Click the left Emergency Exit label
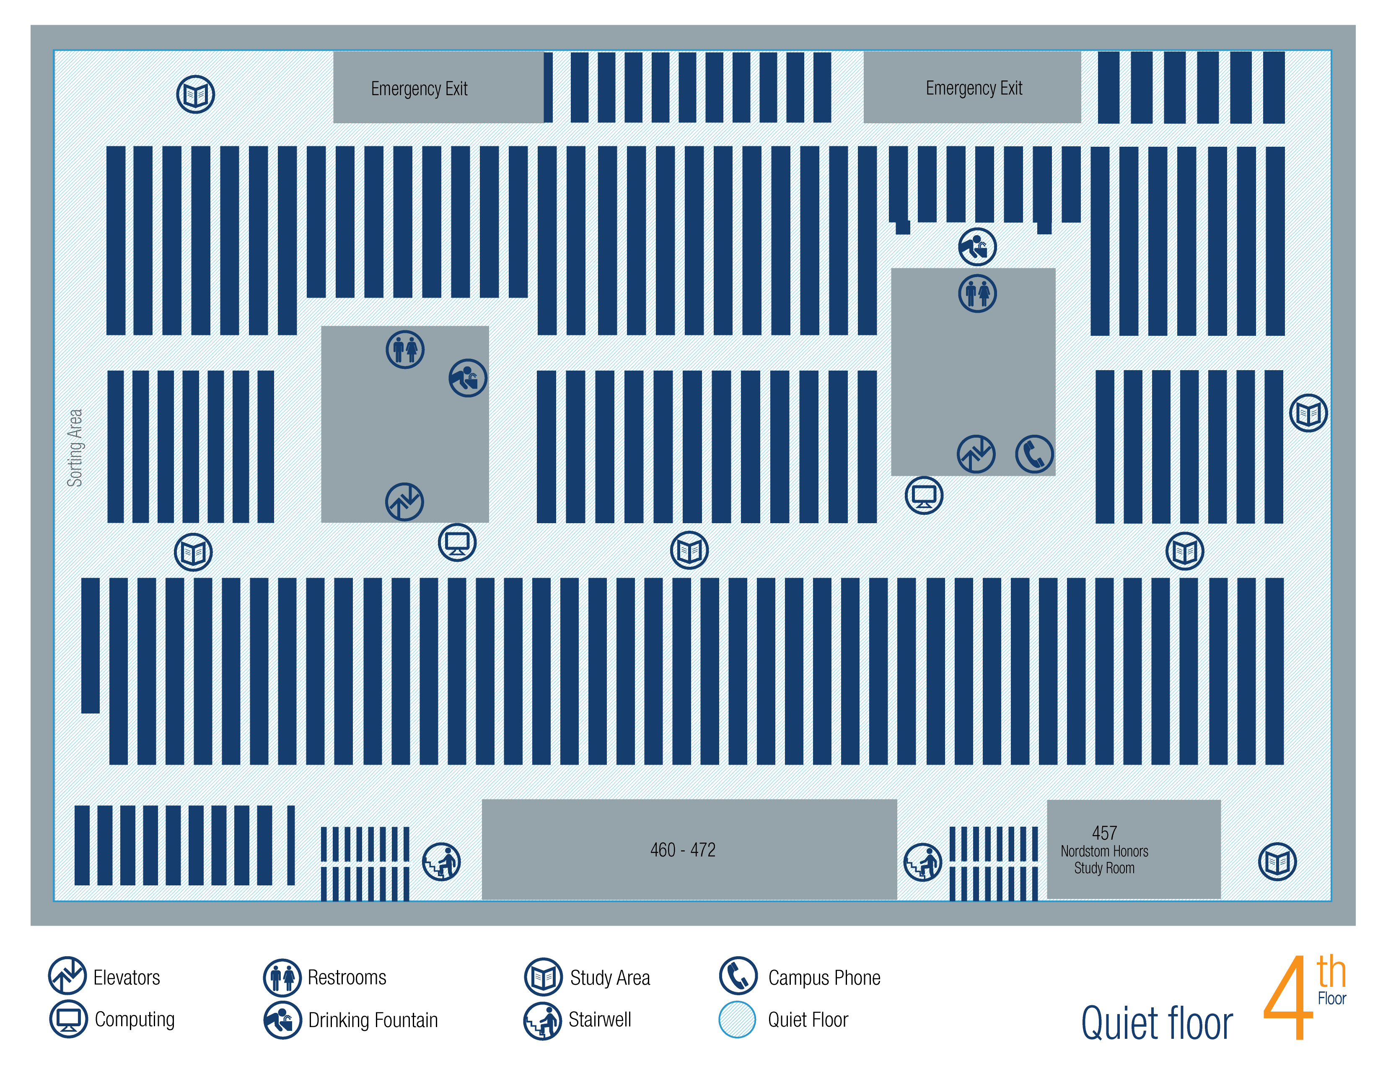tap(419, 88)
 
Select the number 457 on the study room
tap(1104, 833)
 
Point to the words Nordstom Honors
tap(1104, 851)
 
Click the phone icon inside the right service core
tap(1034, 454)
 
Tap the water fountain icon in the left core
tap(467, 378)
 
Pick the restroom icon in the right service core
tap(977, 293)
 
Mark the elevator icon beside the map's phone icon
tap(976, 454)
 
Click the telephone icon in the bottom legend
tap(738, 975)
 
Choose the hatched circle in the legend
tap(737, 1020)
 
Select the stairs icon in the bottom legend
tap(543, 1021)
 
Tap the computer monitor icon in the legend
tap(68, 1020)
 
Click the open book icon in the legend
tap(543, 976)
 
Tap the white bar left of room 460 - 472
tap(365, 864)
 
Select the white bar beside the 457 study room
tap(994, 864)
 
